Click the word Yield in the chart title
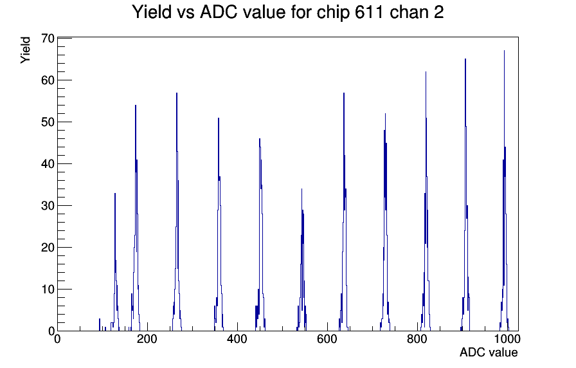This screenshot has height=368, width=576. point(152,12)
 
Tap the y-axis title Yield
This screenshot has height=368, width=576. point(25,50)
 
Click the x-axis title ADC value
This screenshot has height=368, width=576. point(489,352)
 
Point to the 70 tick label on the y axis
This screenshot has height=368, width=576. point(48,38)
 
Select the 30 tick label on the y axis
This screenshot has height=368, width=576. point(48,205)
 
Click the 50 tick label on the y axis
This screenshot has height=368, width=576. point(48,122)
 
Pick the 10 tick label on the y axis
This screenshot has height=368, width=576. point(48,290)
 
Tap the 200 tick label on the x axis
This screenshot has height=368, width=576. point(147,338)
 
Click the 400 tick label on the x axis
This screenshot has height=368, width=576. point(237,338)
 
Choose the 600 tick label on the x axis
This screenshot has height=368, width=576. point(327,338)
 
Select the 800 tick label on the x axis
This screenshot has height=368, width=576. point(417,338)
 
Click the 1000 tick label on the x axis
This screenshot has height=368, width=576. point(507,338)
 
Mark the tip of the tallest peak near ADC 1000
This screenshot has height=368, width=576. point(504,51)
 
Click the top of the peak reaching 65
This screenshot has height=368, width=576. point(465,59)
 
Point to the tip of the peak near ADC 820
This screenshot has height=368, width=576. point(426,71)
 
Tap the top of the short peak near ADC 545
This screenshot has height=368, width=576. point(301,189)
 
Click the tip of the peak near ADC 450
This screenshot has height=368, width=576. point(259,138)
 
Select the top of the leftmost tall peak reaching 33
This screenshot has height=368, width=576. point(115,194)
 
